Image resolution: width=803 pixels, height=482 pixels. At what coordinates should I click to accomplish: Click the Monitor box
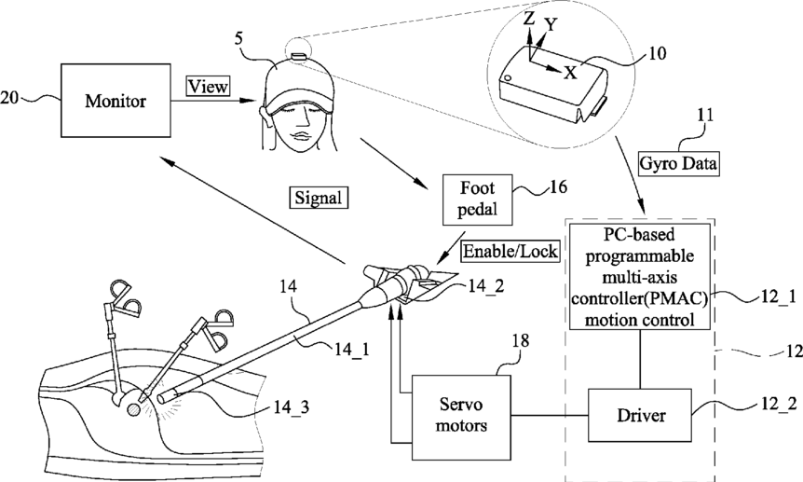pyautogui.click(x=116, y=101)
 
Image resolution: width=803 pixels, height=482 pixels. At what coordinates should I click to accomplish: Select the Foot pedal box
pyautogui.click(x=477, y=200)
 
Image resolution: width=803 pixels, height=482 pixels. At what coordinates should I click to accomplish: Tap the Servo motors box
pyautogui.click(x=461, y=417)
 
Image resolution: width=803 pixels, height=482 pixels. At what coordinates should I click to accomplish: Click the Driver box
pyautogui.click(x=640, y=414)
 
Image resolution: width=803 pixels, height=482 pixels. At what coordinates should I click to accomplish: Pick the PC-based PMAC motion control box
pyautogui.click(x=640, y=277)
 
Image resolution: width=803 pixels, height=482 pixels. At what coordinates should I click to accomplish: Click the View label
pyautogui.click(x=208, y=86)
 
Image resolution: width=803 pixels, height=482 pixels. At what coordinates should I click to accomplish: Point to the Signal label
pyautogui.click(x=319, y=198)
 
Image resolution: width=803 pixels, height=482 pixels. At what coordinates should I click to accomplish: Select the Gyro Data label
pyautogui.click(x=678, y=163)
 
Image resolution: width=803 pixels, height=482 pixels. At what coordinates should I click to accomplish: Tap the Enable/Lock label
pyautogui.click(x=510, y=251)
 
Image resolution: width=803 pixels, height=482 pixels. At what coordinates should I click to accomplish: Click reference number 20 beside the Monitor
pyautogui.click(x=9, y=97)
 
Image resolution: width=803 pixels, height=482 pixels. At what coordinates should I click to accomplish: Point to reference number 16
pyautogui.click(x=558, y=187)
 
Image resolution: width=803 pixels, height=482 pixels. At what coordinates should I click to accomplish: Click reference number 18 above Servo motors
pyautogui.click(x=521, y=340)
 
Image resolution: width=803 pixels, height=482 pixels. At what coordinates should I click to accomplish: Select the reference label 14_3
pyautogui.click(x=291, y=407)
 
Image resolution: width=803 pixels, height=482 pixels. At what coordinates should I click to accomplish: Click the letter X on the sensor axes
pyautogui.click(x=570, y=73)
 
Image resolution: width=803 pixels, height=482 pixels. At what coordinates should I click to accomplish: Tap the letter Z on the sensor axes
pyautogui.click(x=529, y=19)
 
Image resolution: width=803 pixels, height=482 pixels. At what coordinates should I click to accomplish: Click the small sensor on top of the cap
pyautogui.click(x=298, y=55)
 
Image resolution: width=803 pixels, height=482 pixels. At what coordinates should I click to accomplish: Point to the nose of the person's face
pyautogui.click(x=304, y=120)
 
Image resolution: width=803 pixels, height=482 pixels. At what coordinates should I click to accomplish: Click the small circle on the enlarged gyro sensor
pyautogui.click(x=508, y=78)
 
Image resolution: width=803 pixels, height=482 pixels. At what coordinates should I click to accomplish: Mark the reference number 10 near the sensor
pyautogui.click(x=657, y=53)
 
